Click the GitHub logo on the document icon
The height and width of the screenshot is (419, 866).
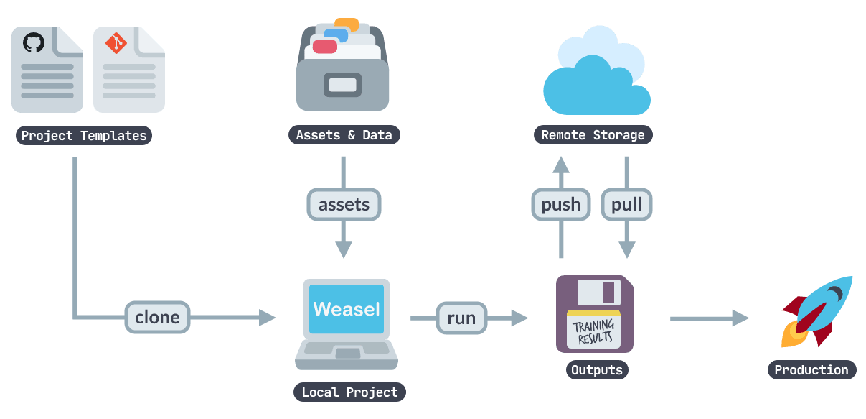tap(33, 42)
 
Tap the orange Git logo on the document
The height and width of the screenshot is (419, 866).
tap(116, 43)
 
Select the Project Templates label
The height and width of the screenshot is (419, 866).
tap(84, 136)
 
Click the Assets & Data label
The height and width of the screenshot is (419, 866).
tap(344, 135)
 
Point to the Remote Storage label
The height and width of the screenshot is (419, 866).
tap(593, 135)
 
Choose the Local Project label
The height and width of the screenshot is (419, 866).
tap(349, 392)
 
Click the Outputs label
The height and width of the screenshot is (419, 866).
tap(596, 370)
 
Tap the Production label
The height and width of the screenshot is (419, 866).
tap(811, 370)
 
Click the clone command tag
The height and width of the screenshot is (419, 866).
tap(157, 317)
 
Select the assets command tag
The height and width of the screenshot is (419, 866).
tap(344, 205)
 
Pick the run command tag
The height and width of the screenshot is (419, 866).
tap(461, 318)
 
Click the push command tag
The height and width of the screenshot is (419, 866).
tap(561, 205)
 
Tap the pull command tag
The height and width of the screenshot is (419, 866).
tap(626, 205)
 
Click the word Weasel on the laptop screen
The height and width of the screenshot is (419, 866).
tap(347, 309)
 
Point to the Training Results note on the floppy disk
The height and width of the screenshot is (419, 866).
tap(593, 331)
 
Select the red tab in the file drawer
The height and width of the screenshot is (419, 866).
tap(325, 47)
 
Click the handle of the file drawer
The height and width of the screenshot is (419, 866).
tap(342, 85)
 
